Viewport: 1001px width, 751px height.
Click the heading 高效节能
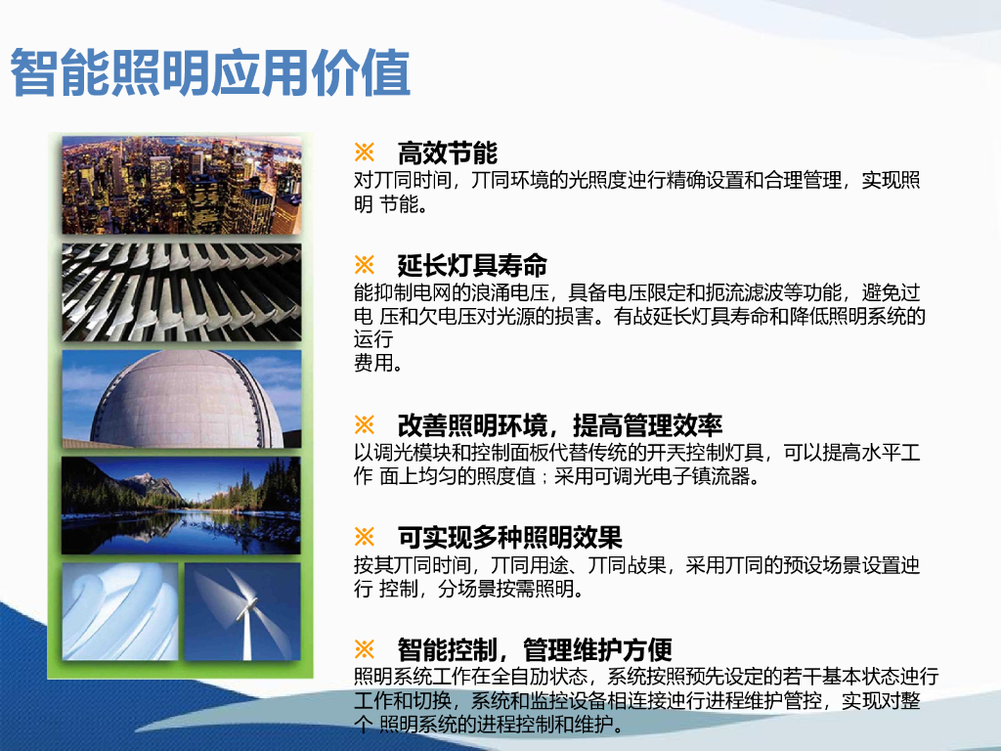pyautogui.click(x=448, y=153)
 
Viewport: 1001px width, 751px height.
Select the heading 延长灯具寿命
pyautogui.click(x=472, y=265)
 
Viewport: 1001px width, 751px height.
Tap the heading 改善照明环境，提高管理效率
pyautogui.click(x=560, y=425)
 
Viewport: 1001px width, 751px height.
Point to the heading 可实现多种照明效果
pyautogui.click(x=509, y=537)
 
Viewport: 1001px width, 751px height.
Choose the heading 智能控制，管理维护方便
pyautogui.click(x=535, y=649)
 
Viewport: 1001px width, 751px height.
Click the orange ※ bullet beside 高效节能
pyautogui.click(x=365, y=153)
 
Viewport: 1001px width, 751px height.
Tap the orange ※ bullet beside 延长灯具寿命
pyautogui.click(x=365, y=265)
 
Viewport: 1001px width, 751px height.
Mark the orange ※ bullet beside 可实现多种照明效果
pyautogui.click(x=365, y=537)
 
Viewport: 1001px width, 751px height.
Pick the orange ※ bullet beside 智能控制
pyautogui.click(x=365, y=649)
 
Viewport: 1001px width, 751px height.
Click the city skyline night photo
pyautogui.click(x=181, y=185)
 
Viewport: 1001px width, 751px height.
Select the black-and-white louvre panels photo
pyautogui.click(x=181, y=292)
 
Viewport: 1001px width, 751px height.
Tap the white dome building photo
pyautogui.click(x=181, y=399)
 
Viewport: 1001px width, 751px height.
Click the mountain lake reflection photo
pyautogui.click(x=181, y=506)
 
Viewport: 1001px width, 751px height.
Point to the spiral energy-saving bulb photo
pyautogui.click(x=120, y=611)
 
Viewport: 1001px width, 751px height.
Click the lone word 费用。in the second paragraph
pyautogui.click(x=377, y=364)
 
